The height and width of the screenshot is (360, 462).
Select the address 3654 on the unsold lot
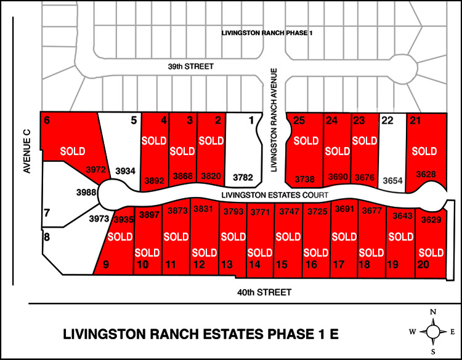coord(392,180)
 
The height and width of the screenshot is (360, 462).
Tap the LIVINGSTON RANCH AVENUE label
coord(275,120)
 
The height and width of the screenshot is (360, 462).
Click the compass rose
coord(434,332)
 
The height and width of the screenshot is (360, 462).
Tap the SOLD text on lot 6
coord(72,151)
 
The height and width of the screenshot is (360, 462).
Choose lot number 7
coord(47,213)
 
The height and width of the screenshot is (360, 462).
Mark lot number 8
coord(46,236)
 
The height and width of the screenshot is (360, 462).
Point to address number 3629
coord(431,220)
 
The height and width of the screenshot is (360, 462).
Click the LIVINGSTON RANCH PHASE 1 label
coord(267,32)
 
